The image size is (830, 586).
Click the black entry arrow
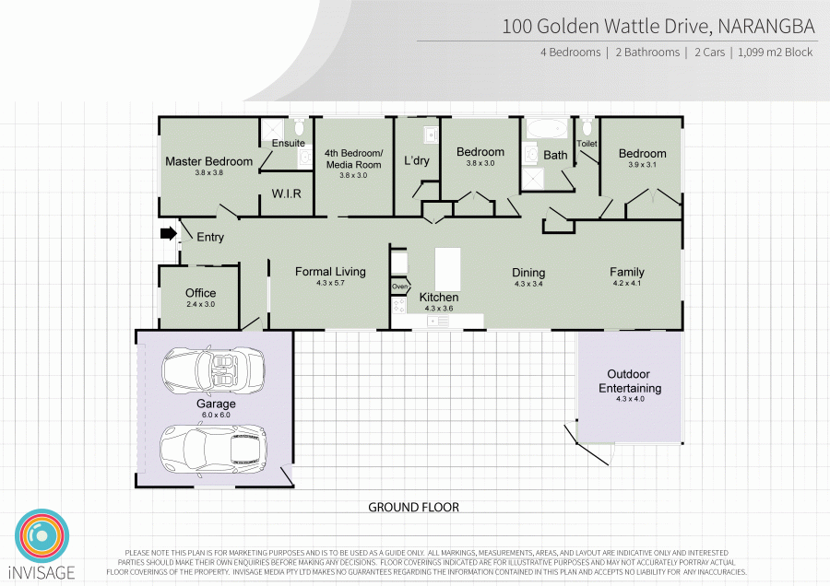pos(169,233)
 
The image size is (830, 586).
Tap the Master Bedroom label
pos(209,161)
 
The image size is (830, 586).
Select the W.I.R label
pos(287,193)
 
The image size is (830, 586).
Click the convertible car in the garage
pos(213,369)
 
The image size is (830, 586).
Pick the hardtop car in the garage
pos(213,449)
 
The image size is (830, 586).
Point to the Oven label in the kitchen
pos(400,287)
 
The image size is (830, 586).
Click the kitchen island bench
pos(448,269)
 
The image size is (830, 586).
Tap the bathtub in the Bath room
pos(545,128)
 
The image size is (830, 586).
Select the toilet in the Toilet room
pos(587,127)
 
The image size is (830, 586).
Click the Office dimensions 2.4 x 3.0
pos(201,304)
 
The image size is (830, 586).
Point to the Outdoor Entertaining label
pos(629,381)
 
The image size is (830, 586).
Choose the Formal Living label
pos(330,271)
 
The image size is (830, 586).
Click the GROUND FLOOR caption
pos(413,507)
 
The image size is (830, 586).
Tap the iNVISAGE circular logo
pos(41,536)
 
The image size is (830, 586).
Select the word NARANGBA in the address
pos(766,27)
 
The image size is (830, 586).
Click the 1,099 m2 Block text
pos(775,53)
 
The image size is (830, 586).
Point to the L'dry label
pos(417,160)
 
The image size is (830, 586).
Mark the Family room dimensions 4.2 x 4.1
pos(627,283)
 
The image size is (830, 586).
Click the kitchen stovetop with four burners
pos(398,305)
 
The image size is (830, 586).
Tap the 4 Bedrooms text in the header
pos(570,53)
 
